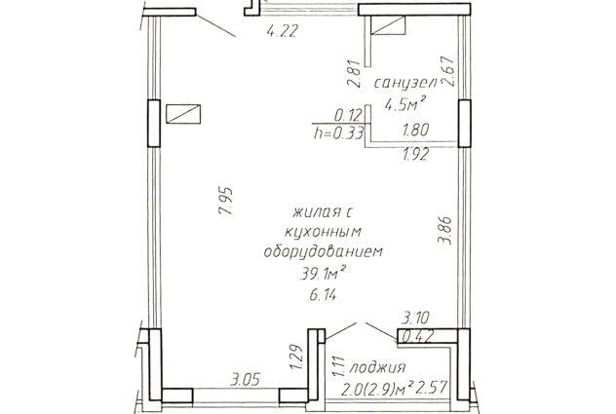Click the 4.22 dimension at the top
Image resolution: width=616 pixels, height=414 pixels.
pyautogui.click(x=283, y=30)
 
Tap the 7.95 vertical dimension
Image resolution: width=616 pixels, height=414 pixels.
pyautogui.click(x=227, y=201)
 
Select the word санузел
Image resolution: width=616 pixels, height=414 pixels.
pyautogui.click(x=405, y=83)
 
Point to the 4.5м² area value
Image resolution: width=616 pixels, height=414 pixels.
pyautogui.click(x=405, y=104)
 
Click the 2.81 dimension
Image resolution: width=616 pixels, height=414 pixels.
pyautogui.click(x=354, y=73)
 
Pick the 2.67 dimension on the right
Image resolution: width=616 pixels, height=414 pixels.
pyautogui.click(x=448, y=71)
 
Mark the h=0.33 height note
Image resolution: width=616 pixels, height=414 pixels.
pyautogui.click(x=338, y=134)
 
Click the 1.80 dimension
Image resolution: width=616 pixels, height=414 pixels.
pyautogui.click(x=415, y=130)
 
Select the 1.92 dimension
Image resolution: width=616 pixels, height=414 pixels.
pyautogui.click(x=415, y=155)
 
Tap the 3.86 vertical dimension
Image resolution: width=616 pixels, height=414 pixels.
pyautogui.click(x=445, y=231)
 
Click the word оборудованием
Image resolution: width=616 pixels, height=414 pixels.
pyautogui.click(x=323, y=251)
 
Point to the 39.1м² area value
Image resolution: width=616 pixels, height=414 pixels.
pyautogui.click(x=323, y=273)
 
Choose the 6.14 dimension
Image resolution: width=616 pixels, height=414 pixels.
pyautogui.click(x=323, y=294)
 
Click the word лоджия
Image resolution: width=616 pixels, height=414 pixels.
pyautogui.click(x=377, y=368)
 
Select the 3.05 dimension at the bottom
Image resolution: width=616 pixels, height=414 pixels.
pyautogui.click(x=246, y=380)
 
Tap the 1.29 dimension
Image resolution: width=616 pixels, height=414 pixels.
pyautogui.click(x=296, y=358)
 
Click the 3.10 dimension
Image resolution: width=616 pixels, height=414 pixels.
pyautogui.click(x=415, y=317)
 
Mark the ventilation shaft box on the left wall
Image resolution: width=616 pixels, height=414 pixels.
pyautogui.click(x=183, y=114)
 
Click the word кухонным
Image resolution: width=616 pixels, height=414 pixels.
pyautogui.click(x=323, y=231)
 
